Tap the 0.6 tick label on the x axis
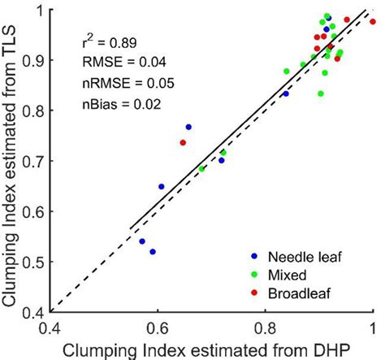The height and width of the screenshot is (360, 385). coord(156,326)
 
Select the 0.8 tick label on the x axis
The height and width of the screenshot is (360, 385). coord(264,326)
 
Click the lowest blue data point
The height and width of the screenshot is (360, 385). coord(153,252)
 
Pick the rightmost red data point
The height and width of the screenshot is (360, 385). coord(372,22)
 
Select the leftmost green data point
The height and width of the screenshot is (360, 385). coord(202,168)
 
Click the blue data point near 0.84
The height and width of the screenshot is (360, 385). coord(285,94)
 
